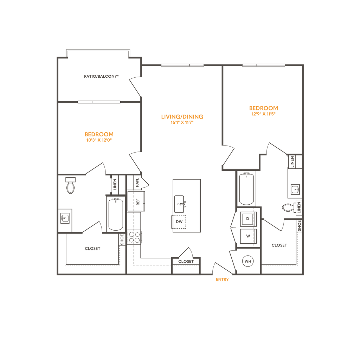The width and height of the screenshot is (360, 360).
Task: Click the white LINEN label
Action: coord(299,207)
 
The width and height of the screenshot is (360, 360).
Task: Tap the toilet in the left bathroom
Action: coord(71,187)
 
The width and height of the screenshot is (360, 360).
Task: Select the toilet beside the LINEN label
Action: coord(288,207)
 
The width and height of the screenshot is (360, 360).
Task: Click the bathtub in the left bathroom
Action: coord(114,214)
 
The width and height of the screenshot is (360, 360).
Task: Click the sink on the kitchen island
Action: coord(181,204)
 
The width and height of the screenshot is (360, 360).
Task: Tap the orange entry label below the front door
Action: coord(222,280)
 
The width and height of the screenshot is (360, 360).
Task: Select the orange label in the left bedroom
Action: coord(99,137)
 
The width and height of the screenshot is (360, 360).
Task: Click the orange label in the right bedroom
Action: coord(263,110)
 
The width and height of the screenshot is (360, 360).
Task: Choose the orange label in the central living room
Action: coord(182,119)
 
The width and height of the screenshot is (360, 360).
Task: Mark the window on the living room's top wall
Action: coord(182,65)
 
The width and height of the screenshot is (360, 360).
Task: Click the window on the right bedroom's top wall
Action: coord(263,65)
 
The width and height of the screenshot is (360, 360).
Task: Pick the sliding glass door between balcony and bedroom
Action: coord(99,102)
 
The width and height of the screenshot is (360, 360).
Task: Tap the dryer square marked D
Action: coord(248,219)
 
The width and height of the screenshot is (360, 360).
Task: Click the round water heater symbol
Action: coord(248,261)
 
